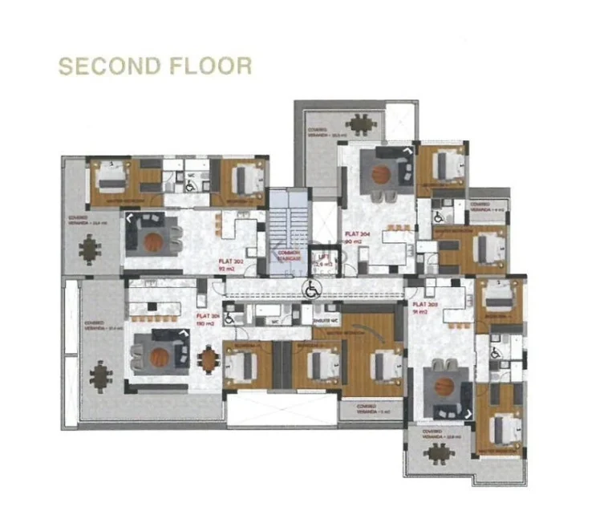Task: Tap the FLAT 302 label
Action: click(x=231, y=261)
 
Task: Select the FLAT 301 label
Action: click(x=211, y=318)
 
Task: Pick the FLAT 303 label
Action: click(x=420, y=305)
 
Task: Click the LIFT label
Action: click(x=323, y=259)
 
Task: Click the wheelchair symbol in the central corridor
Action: click(x=310, y=289)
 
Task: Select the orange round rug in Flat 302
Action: click(x=154, y=239)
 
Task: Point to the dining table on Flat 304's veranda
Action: click(x=358, y=124)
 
